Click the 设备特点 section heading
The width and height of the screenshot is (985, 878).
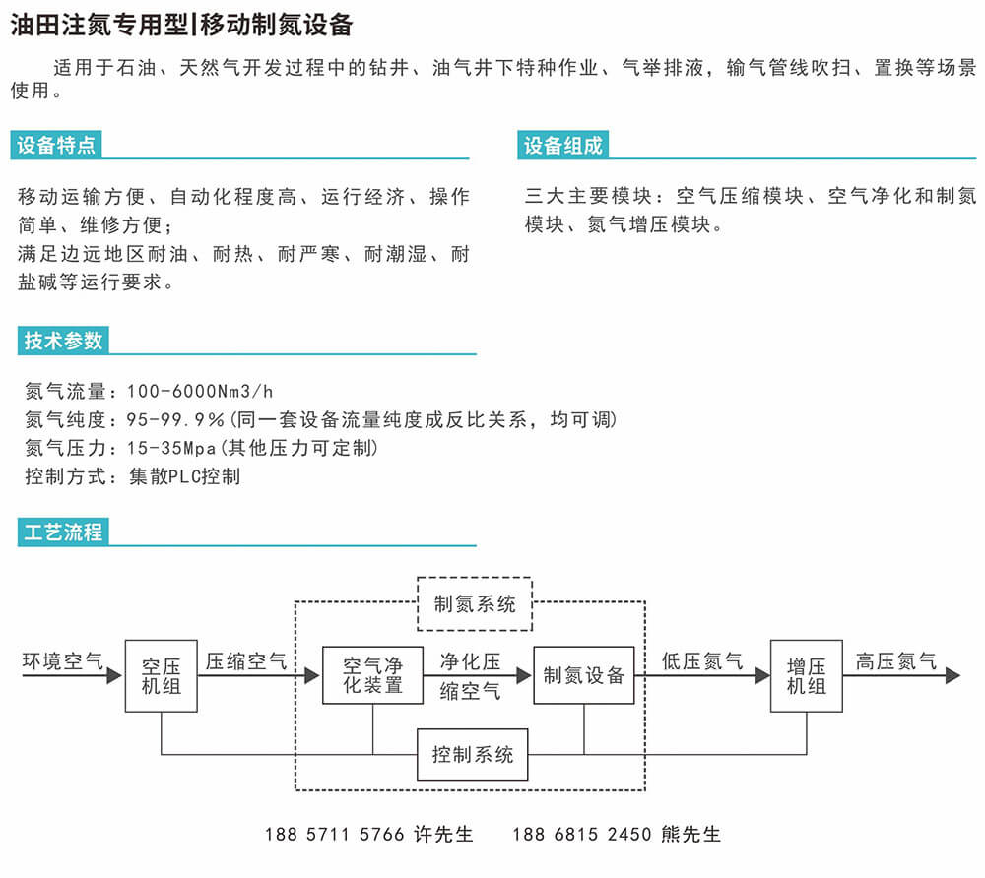tap(56, 145)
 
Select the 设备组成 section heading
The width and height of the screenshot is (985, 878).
tap(562, 145)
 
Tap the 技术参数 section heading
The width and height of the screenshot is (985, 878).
tap(63, 341)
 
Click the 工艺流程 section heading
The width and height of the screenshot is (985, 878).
tap(63, 533)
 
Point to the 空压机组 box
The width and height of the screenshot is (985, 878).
tap(162, 676)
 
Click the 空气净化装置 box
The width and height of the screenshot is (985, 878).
tap(372, 675)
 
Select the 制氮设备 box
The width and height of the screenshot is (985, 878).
tap(583, 675)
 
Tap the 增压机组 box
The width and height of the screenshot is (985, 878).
tap(807, 676)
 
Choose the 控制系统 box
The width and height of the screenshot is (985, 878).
tap(473, 754)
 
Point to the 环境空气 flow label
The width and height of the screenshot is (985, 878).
tap(63, 660)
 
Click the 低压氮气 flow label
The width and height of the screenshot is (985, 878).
tap(702, 660)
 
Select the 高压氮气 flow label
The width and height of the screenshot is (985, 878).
tap(896, 660)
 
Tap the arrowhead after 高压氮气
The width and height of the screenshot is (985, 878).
tap(952, 676)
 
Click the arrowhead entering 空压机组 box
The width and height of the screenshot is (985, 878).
tap(114, 676)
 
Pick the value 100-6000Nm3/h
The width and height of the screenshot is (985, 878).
tap(200, 392)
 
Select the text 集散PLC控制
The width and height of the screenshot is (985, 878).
tap(185, 477)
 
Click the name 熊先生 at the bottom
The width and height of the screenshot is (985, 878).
tap(690, 834)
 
